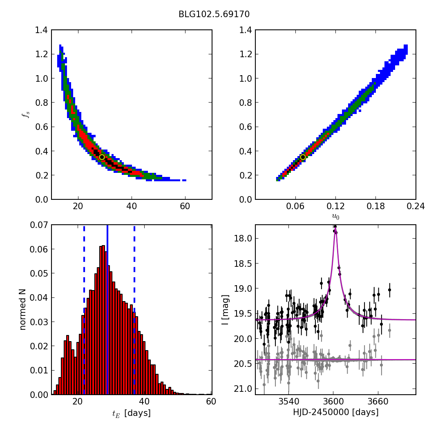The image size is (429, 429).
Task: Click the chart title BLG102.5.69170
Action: [214, 14]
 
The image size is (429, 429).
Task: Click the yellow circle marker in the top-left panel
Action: [102, 157]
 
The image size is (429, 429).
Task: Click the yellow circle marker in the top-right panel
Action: [303, 157]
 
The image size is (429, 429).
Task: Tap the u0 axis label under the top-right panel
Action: [335, 217]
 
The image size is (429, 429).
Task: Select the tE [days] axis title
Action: [131, 413]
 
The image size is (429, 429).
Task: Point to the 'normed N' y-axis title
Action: [23, 309]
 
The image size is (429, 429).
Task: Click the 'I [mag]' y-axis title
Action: [225, 309]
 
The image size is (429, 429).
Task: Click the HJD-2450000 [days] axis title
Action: [335, 412]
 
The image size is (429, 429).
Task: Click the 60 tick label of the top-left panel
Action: [185, 206]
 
